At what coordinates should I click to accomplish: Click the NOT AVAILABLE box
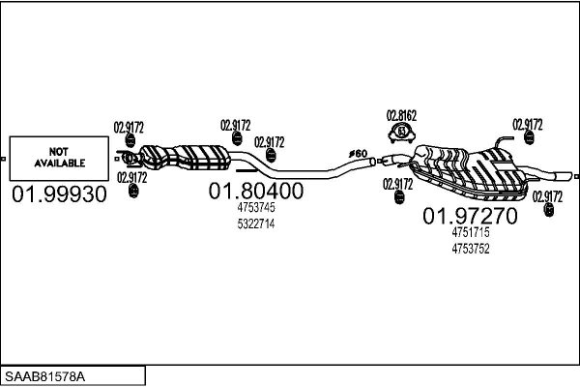(x=59, y=159)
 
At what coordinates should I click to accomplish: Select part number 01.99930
(x=59, y=194)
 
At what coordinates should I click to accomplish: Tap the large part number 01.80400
(x=256, y=191)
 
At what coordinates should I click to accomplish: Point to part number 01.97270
(x=470, y=216)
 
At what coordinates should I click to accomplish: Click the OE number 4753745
(x=256, y=208)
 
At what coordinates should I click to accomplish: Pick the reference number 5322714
(x=256, y=224)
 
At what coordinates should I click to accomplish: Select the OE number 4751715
(x=471, y=232)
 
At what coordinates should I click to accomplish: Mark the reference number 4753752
(x=471, y=249)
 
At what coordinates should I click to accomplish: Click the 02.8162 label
(x=401, y=115)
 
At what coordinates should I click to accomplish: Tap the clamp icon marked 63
(x=402, y=134)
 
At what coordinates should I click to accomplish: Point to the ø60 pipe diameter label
(x=358, y=153)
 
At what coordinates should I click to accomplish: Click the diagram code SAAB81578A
(x=44, y=376)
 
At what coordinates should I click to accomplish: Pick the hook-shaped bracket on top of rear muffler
(x=503, y=140)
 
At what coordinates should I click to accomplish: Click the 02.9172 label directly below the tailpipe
(x=547, y=196)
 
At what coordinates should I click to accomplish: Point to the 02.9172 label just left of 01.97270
(x=397, y=184)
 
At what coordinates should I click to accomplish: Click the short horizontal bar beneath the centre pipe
(x=246, y=170)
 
